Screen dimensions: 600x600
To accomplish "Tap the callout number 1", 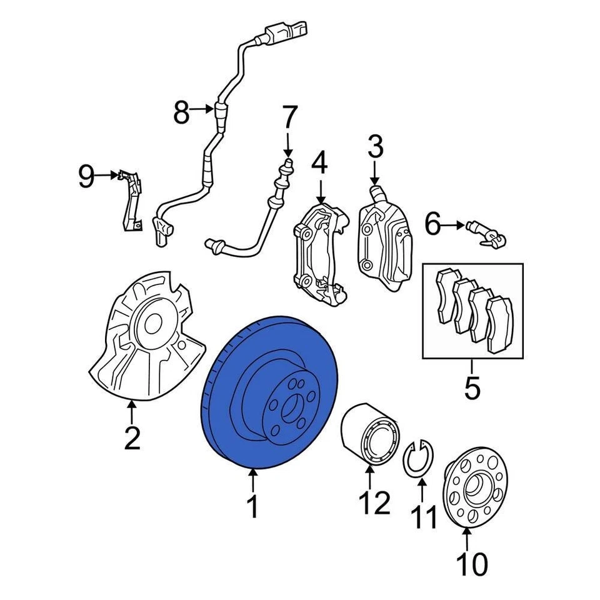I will click(252, 507).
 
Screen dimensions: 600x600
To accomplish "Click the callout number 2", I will click(131, 437).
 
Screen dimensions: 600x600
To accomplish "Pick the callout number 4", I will click(319, 163).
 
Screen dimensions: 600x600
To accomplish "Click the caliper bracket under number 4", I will click(319, 250).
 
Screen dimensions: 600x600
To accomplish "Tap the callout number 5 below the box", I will click(472, 387).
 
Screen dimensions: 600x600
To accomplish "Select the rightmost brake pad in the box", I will click(500, 322).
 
